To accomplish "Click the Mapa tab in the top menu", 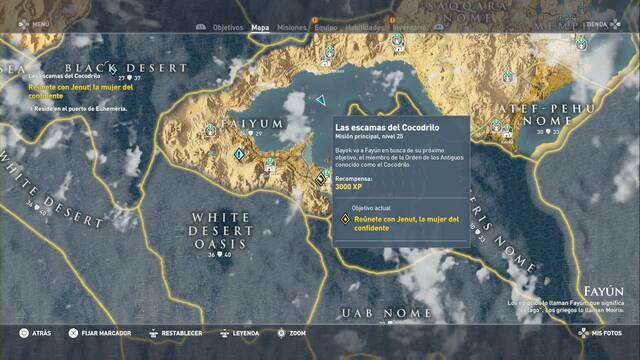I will tap(260, 29).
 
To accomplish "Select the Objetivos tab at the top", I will tap(228, 29).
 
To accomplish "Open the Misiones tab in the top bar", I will tap(291, 29).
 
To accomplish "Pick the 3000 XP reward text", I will tap(350, 186).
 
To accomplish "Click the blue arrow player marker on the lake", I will tap(320, 100).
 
